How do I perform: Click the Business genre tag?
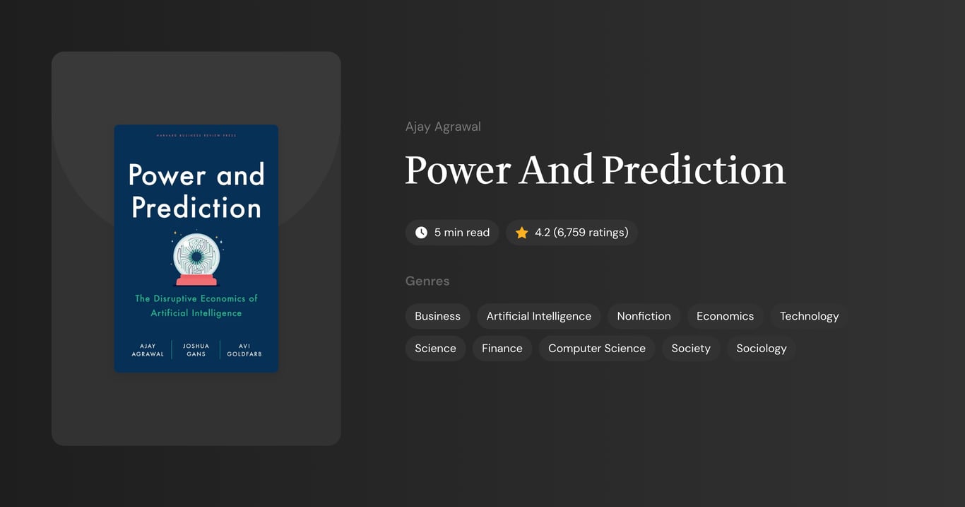[437, 316]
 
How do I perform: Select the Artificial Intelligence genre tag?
[538, 316]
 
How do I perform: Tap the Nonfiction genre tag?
[644, 316]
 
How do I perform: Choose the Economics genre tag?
[725, 316]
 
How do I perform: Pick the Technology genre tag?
[809, 316]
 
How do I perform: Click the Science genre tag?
[435, 348]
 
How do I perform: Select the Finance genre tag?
[502, 348]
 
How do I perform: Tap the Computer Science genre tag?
[596, 348]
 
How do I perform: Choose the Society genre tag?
[690, 348]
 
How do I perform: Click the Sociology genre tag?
[761, 348]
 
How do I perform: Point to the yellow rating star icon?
[521, 233]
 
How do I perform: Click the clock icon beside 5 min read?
[421, 233]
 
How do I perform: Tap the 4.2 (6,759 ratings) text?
[581, 233]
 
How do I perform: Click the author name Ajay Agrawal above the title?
[443, 127]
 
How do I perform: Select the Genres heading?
[427, 281]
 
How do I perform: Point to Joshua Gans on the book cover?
[196, 350]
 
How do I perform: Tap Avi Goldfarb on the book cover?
[244, 350]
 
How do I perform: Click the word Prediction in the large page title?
[693, 170]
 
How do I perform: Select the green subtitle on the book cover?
[196, 305]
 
